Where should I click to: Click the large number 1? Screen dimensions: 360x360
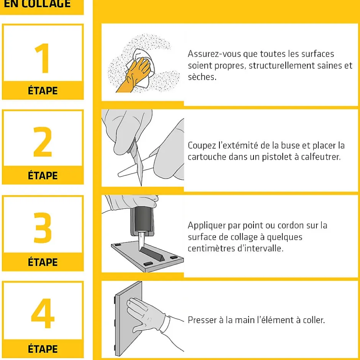(x=43, y=58)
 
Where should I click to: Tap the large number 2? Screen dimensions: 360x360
(x=43, y=142)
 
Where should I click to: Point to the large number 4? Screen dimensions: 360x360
(x=43, y=313)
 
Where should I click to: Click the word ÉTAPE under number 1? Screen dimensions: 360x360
(x=43, y=90)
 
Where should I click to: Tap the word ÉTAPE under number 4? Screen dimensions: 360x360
(x=43, y=349)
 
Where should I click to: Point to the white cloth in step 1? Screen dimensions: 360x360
(x=143, y=67)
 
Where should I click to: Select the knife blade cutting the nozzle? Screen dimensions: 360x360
(x=138, y=163)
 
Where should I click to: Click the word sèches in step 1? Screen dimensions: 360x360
(x=202, y=77)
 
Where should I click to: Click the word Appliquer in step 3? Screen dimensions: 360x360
(x=207, y=226)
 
